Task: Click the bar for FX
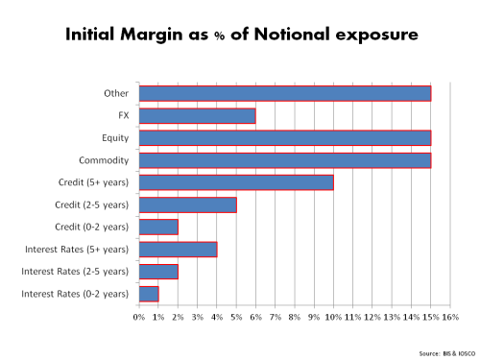tap(197, 116)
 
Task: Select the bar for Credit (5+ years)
tap(236, 182)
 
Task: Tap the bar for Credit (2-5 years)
tap(187, 204)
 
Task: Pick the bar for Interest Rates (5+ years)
tap(178, 250)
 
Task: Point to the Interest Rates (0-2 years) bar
tap(149, 294)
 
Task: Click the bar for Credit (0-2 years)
tap(158, 227)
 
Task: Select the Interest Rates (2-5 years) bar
tap(158, 272)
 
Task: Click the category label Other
tap(116, 94)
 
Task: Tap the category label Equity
tap(114, 138)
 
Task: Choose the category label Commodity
tap(106, 160)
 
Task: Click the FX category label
tap(122, 116)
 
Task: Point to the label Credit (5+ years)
tap(93, 182)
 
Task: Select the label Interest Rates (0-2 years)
tap(75, 294)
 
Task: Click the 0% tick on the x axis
tap(139, 317)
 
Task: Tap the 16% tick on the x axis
tap(449, 317)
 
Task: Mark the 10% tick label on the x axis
tap(333, 317)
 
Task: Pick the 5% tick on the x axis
tap(236, 317)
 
